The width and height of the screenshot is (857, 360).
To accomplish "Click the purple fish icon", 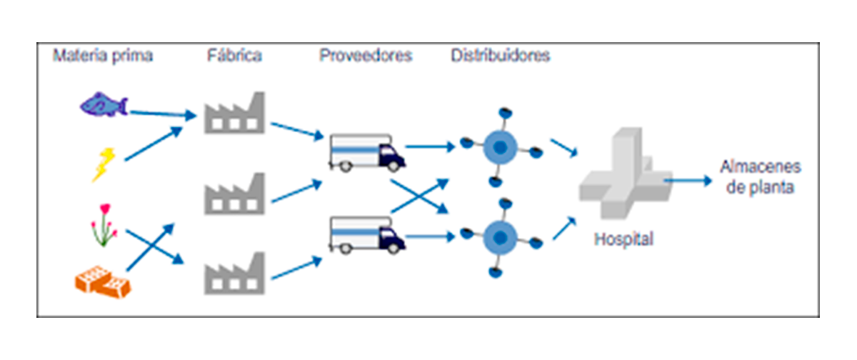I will click(103, 105).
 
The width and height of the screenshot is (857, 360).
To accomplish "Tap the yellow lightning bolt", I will click(104, 164).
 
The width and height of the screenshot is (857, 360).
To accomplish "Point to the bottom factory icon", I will click(234, 275).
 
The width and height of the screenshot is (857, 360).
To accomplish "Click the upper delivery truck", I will click(366, 152).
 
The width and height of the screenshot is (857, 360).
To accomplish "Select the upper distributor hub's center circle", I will click(501, 148).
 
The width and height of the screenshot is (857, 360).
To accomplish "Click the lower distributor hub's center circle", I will click(501, 236).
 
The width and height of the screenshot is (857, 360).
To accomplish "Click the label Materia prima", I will click(102, 56).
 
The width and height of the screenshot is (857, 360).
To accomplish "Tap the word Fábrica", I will click(233, 56).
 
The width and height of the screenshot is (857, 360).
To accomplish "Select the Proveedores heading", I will click(366, 56).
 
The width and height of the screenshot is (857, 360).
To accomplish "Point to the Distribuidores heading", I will click(500, 56).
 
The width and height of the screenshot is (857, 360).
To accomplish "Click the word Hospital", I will click(623, 239).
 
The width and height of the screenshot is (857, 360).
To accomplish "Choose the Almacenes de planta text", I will click(759, 177).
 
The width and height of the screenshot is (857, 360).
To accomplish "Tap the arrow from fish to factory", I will click(163, 113).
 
